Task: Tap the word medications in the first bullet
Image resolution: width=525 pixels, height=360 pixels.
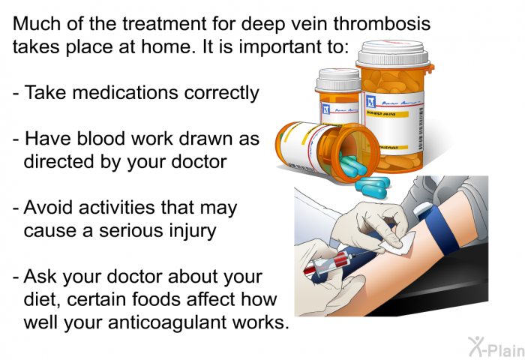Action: coord(125,92)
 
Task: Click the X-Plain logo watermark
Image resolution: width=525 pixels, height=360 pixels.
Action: coord(496,347)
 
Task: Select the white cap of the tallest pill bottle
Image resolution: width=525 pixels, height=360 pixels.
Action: coord(393,53)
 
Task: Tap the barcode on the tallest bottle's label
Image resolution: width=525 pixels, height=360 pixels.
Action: coord(421,129)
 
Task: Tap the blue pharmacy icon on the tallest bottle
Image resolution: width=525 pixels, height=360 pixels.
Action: coord(370,101)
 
